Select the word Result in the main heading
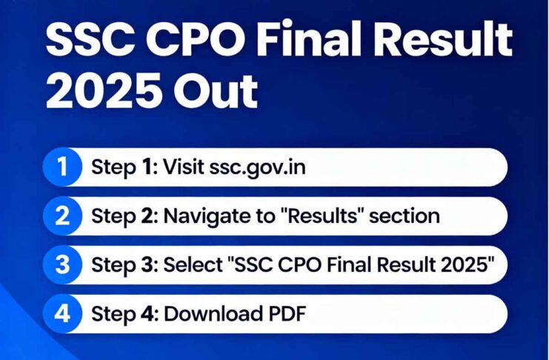tap(445, 41)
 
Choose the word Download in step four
tap(210, 313)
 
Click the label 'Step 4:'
tap(123, 313)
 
